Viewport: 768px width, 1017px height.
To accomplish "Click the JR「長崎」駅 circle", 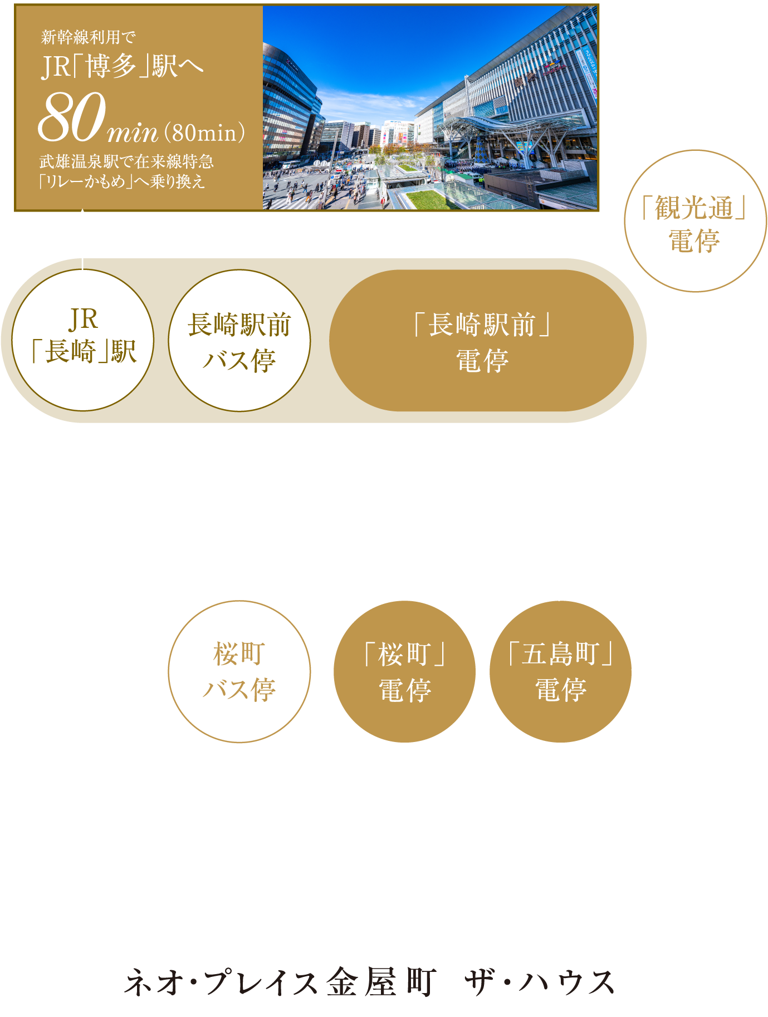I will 82,340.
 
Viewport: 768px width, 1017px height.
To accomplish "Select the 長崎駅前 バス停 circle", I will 239,341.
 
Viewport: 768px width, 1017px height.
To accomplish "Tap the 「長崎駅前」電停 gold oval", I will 481,341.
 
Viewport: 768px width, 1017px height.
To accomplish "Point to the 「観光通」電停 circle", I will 694,221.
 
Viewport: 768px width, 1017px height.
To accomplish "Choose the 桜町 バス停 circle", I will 239,671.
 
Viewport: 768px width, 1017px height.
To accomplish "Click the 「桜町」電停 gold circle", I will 404,671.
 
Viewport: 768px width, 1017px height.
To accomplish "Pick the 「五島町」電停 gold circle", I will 560,671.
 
